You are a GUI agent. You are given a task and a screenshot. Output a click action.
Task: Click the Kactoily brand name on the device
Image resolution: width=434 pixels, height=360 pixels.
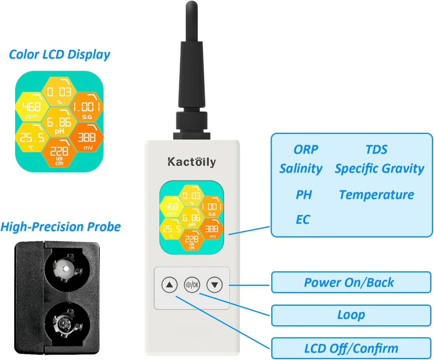[x=191, y=162]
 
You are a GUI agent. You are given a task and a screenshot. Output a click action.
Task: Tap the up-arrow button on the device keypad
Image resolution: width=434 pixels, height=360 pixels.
[x=169, y=285]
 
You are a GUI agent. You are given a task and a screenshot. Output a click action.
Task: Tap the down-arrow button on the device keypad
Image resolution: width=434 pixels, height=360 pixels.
[x=215, y=285]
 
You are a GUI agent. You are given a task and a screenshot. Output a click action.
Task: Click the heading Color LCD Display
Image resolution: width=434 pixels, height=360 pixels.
[x=59, y=55]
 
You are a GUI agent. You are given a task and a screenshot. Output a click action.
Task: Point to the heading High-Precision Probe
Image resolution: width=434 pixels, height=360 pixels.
[x=60, y=226]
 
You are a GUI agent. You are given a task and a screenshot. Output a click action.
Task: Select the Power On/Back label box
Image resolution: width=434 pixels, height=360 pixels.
[x=351, y=282]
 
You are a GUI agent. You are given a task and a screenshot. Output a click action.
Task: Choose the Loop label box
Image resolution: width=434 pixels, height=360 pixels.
[x=351, y=315]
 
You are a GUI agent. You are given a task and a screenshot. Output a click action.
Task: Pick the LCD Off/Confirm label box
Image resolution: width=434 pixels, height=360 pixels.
[x=351, y=348]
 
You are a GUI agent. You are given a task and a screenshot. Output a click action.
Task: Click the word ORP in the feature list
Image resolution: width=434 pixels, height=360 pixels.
[x=306, y=150]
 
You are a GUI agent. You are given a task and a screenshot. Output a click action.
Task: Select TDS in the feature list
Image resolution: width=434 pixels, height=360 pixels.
[x=376, y=150]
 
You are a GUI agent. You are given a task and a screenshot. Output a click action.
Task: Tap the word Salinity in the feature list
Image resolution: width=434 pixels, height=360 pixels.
[x=301, y=168]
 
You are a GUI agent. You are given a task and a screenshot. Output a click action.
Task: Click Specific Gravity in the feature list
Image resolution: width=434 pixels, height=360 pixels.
[x=379, y=168]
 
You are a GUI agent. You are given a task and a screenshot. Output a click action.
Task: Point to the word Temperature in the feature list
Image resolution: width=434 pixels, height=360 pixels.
[x=376, y=195]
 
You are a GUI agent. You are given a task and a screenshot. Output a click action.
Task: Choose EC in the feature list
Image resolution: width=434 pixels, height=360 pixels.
[x=303, y=219]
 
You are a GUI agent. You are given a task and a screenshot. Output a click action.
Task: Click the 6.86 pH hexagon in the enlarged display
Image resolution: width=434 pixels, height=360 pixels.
[x=59, y=123]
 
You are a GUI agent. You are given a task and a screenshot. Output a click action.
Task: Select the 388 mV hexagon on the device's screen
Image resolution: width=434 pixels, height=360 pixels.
[x=211, y=230]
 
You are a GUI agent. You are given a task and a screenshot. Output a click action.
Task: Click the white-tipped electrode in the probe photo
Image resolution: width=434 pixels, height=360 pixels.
[x=65, y=269]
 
